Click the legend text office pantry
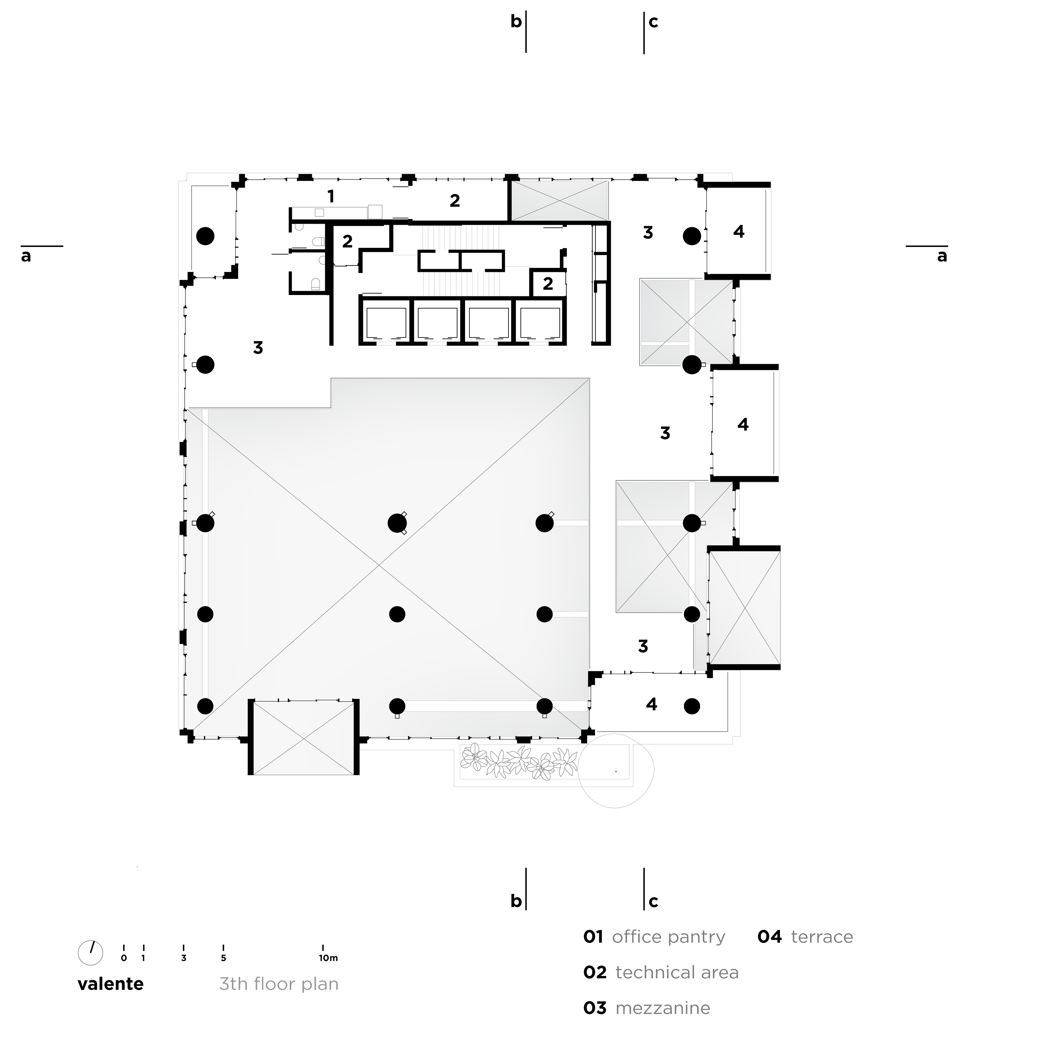click(668, 937)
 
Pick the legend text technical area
click(677, 973)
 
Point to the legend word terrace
click(822, 937)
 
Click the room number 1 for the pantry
click(330, 196)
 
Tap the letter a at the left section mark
click(26, 256)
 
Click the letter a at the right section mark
click(942, 256)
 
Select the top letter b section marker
click(516, 22)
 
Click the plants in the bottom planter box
click(518, 762)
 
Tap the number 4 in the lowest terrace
click(651, 704)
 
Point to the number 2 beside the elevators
click(548, 283)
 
